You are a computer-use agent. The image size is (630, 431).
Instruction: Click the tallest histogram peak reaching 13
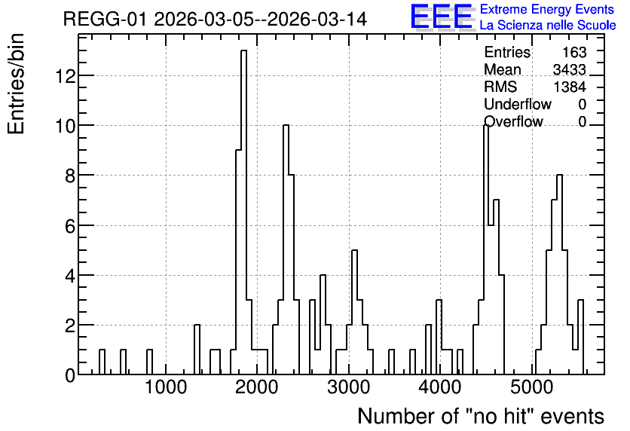243,50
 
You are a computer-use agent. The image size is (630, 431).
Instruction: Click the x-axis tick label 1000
166,388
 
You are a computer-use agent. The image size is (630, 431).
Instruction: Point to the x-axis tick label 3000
348,388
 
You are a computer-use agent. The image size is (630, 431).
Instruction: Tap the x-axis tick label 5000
531,388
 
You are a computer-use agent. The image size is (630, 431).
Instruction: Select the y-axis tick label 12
66,76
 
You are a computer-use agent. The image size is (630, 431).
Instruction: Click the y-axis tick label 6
70,226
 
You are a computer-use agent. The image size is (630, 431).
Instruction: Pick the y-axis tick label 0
70,375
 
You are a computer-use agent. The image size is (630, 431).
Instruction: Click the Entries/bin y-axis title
16,84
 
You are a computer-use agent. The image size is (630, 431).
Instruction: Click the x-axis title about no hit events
481,416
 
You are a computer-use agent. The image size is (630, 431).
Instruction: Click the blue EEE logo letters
442,17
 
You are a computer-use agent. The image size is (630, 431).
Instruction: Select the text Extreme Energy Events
547,9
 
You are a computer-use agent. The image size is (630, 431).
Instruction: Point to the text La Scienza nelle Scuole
548,26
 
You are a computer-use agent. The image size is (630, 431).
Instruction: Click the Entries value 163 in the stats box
574,52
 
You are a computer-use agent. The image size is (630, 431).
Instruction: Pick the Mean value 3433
569,69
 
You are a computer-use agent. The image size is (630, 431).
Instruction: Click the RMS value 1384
570,87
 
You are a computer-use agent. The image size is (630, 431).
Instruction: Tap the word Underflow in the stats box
518,104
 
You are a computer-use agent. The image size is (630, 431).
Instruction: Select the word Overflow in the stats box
513,121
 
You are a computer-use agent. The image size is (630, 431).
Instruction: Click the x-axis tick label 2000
257,388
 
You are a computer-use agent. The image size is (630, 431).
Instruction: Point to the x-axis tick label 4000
440,388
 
